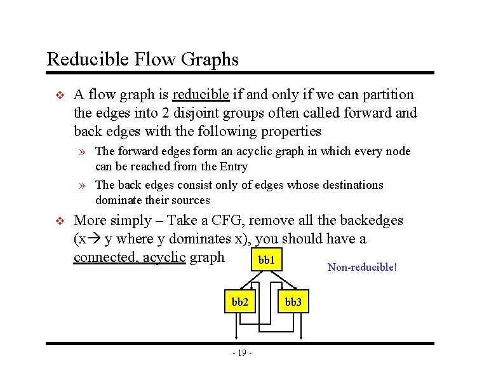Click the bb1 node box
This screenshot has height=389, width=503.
(x=267, y=261)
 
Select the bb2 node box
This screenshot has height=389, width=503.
(x=239, y=302)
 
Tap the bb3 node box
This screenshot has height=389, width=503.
(x=293, y=302)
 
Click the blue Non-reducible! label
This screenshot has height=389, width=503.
(x=362, y=267)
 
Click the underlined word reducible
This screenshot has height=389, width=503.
(x=200, y=95)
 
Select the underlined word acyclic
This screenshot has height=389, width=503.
(x=164, y=257)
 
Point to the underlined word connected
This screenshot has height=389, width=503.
(x=105, y=257)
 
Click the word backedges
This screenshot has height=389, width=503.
(x=372, y=221)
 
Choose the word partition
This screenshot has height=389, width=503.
(x=383, y=95)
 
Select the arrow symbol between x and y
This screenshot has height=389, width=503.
(x=94, y=240)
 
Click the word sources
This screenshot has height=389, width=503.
(x=191, y=200)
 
